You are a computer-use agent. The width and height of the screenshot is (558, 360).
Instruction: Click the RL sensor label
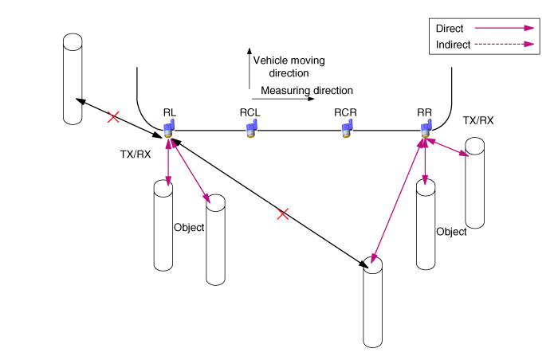pos(169,112)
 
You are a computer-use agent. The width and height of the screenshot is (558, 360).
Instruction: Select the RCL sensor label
pos(250,112)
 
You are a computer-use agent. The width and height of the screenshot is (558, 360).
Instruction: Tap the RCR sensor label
pos(345,112)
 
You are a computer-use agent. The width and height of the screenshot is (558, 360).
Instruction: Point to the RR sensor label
pos(425,112)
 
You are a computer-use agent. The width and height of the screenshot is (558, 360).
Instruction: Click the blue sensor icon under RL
pos(169,128)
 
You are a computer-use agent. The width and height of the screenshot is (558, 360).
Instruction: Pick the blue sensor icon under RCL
pos(250,129)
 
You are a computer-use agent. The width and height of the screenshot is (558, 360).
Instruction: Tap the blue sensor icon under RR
pos(425,129)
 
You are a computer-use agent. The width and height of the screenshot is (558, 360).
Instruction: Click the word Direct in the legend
pos(450,29)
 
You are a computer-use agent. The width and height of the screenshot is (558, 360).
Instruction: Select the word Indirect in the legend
pos(454,45)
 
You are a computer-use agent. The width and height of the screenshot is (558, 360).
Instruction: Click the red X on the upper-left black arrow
pos(113,117)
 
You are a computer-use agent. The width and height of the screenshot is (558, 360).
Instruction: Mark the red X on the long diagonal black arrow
pos(281,213)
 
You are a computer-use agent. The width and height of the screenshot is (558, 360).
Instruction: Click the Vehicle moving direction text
pos(289,66)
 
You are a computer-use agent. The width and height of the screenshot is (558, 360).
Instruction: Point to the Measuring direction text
pos(307,91)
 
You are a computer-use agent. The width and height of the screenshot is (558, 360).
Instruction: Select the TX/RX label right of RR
pos(477,120)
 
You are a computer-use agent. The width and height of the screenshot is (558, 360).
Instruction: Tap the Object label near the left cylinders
pos(189,227)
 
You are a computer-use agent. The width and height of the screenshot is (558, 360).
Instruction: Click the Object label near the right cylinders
pos(451,232)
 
